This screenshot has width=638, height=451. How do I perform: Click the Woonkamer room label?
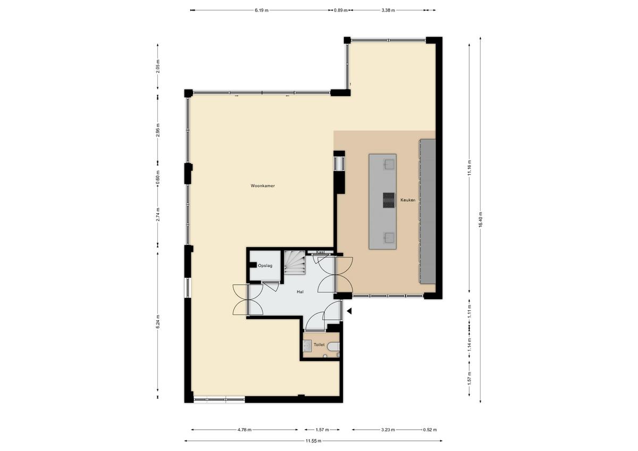263,186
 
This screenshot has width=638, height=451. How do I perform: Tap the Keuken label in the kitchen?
408,200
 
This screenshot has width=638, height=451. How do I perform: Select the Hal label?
300,292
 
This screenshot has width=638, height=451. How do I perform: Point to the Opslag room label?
265,266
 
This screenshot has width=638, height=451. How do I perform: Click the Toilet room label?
319,345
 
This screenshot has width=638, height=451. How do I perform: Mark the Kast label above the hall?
321,252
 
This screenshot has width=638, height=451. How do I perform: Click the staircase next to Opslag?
295,262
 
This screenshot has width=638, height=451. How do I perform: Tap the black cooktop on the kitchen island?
389,200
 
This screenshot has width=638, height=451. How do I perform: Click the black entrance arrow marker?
349,311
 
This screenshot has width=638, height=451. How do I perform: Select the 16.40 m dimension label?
481,219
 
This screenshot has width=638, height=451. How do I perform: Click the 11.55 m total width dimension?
313,441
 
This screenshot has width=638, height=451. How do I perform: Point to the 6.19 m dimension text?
262,11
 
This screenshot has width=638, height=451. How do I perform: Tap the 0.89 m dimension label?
341,11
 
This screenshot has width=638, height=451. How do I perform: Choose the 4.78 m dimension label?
245,430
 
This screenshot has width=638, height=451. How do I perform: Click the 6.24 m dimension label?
158,321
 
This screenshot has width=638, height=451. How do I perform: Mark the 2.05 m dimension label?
158,66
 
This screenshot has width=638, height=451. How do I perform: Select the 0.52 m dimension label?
430,430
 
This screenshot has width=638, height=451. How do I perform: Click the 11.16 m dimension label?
469,168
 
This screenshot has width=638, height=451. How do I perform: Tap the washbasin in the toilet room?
307,346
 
